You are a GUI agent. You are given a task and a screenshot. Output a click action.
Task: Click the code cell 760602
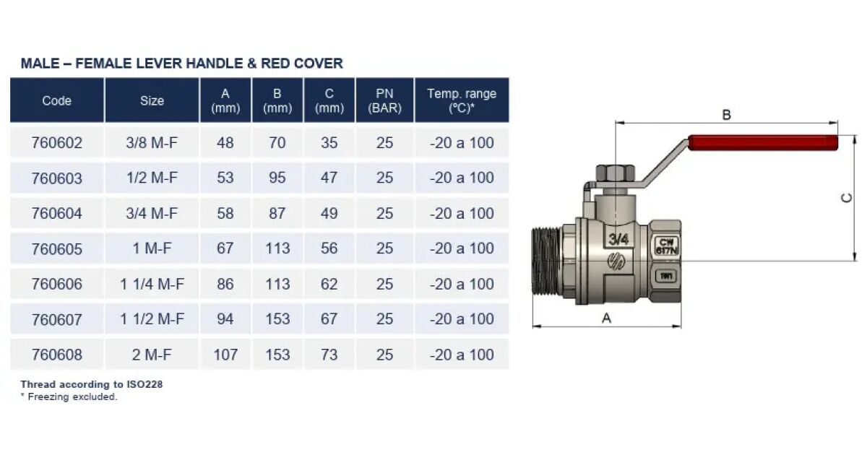click(x=57, y=143)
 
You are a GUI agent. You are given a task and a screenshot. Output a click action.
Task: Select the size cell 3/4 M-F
click(x=152, y=213)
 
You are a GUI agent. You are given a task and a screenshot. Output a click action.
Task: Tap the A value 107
click(x=225, y=355)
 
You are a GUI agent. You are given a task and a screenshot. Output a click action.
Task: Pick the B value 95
click(x=277, y=178)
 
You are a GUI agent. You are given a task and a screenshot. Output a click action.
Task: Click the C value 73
click(x=329, y=355)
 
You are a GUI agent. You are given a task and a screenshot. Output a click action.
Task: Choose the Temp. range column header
click(x=462, y=100)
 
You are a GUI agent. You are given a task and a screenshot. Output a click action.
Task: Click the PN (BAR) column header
click(x=384, y=100)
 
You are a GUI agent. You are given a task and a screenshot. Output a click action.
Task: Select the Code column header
click(x=57, y=100)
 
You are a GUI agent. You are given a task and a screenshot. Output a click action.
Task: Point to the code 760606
click(x=57, y=284)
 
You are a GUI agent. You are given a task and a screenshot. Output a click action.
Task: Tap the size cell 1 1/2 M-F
click(x=152, y=319)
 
